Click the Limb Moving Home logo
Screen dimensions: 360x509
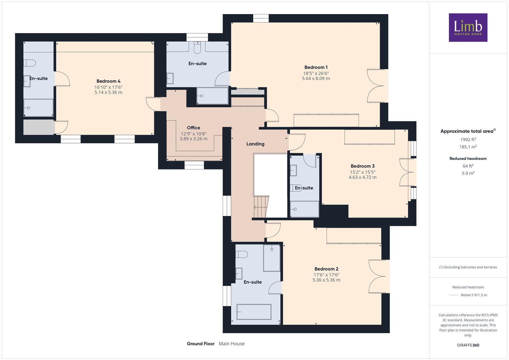tap(468, 27)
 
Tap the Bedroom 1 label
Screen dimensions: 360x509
tap(316, 67)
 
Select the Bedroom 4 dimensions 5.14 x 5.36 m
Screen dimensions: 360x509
tap(108, 92)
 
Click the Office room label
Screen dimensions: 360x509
tap(193, 128)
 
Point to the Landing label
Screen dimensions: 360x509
tap(255, 144)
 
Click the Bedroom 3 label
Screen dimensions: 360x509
tap(362, 166)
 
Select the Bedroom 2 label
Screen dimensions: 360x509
tap(326, 269)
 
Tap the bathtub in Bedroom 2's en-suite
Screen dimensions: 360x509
tap(254, 312)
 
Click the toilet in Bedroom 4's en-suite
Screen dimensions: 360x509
tap(30, 63)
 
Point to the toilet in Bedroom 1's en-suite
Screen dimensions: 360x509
tap(197, 48)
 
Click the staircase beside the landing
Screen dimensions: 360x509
tap(261, 207)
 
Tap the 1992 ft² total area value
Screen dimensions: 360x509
tap(468, 140)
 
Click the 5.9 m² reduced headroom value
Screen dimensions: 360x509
tap(468, 173)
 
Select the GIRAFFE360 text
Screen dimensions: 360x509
tap(468, 345)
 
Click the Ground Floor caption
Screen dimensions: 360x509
tap(200, 344)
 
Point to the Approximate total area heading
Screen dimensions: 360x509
tap(468, 131)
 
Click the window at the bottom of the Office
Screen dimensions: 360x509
tap(194, 165)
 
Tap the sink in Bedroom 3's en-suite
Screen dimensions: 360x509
tap(293, 171)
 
